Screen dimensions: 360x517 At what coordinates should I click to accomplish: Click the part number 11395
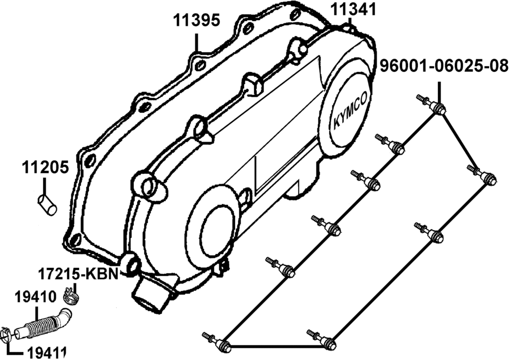[196, 20]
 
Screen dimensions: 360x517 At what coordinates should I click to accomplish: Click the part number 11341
[354, 9]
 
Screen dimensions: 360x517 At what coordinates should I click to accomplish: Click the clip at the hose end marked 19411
[6, 337]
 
